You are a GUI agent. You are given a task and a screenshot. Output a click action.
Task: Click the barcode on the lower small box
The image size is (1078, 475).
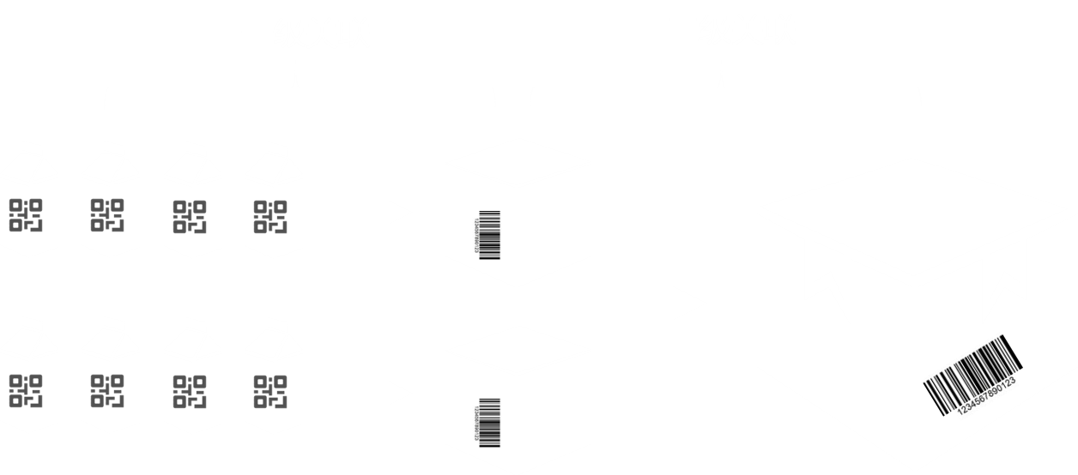coord(489,422)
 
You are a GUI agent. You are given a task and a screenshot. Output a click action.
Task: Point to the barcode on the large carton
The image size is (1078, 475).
coord(970,373)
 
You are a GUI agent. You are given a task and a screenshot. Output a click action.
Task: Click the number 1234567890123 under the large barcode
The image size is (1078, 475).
coord(987,396)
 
